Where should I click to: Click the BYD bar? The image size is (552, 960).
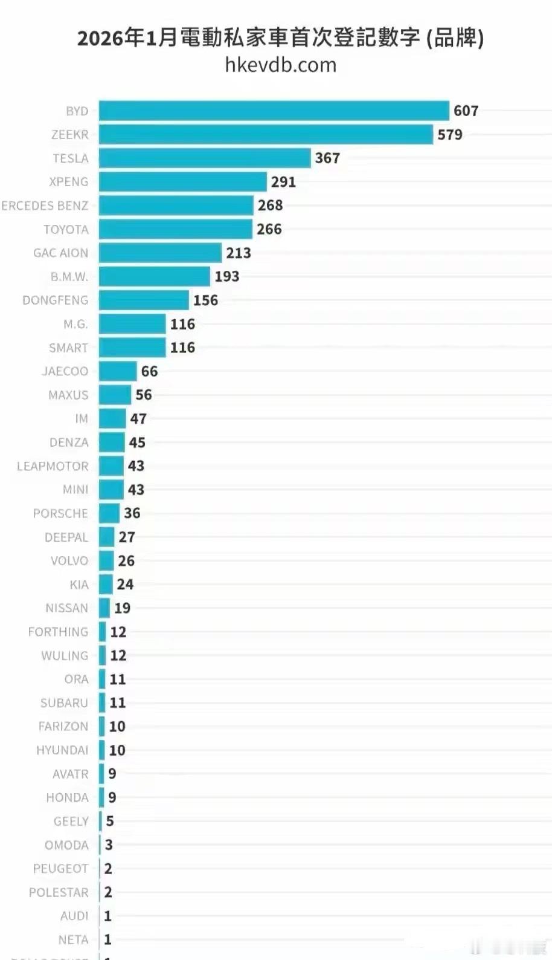[x=274, y=111]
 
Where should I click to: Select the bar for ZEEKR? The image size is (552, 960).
[x=266, y=134]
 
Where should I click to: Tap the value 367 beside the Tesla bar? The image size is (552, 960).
[x=327, y=158]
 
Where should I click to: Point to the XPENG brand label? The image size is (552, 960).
[x=68, y=182]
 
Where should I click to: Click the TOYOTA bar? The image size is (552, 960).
[x=175, y=229]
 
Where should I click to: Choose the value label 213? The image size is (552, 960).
[x=239, y=253]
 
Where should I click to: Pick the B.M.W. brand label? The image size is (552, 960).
[x=69, y=277]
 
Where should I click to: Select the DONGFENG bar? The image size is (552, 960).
[x=144, y=300]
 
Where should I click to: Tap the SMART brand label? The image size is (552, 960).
[x=68, y=348]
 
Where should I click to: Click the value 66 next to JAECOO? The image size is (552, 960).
[x=149, y=371]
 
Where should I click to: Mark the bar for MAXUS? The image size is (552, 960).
[x=115, y=395]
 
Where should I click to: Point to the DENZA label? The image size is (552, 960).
[x=69, y=443]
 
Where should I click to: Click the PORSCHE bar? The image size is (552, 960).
[x=109, y=513]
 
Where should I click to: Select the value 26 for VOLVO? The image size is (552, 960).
[x=126, y=561]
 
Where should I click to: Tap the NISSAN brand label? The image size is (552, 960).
[x=66, y=608]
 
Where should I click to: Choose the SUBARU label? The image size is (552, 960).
[x=64, y=703]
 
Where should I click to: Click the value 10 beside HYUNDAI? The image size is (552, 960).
[x=117, y=750]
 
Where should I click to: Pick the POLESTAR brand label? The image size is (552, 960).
[x=59, y=892]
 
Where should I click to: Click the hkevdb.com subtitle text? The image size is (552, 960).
[x=280, y=65]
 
